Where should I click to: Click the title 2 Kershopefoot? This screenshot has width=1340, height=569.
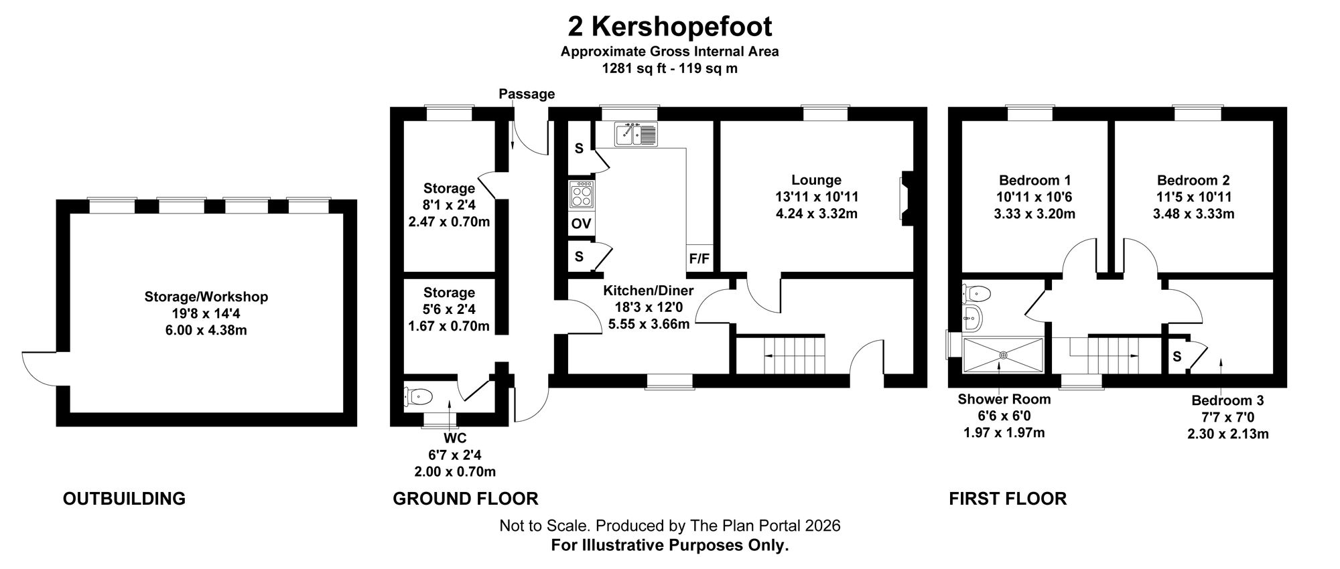click(x=669, y=27)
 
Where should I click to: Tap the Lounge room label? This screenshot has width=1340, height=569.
click(x=816, y=180)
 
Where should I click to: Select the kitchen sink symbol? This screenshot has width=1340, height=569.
click(x=636, y=134)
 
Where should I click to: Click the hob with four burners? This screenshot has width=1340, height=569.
click(x=581, y=194)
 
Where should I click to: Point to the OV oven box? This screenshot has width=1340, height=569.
click(x=581, y=224)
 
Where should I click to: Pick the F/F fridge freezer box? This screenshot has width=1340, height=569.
click(x=699, y=258)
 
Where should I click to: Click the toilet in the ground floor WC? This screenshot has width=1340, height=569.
click(x=417, y=396)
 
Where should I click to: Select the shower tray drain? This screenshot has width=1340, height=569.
click(x=1004, y=355)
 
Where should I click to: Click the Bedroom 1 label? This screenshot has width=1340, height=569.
click(x=1034, y=180)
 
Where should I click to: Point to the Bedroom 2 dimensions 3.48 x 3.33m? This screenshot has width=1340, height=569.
click(x=1193, y=214)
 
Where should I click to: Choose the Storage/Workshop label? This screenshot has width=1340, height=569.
click(x=206, y=297)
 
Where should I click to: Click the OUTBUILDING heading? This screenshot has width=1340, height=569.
click(x=124, y=499)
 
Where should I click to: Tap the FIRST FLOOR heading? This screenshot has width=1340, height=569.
click(x=1008, y=499)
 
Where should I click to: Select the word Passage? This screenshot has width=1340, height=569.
click(x=527, y=94)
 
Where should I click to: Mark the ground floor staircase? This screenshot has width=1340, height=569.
click(x=779, y=355)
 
